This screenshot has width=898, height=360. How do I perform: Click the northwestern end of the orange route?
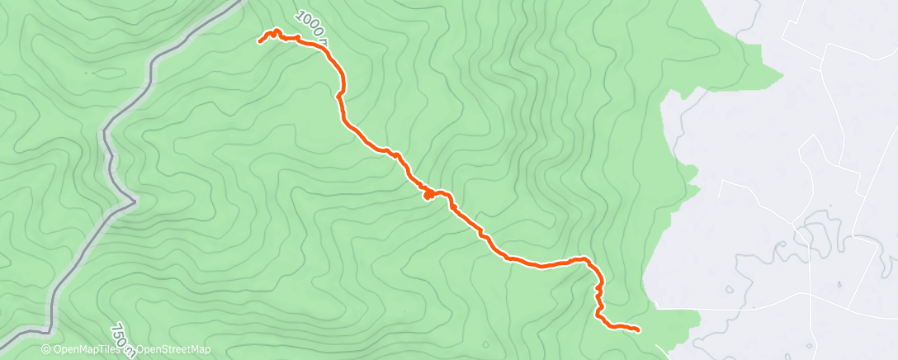pos(259,41)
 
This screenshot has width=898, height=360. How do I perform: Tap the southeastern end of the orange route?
pos(638,330)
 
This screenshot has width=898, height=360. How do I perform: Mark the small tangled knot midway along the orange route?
pos(428,195)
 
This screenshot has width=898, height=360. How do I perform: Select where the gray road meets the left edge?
pos(2,334)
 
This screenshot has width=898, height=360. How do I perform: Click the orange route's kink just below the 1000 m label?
pos(338,96)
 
